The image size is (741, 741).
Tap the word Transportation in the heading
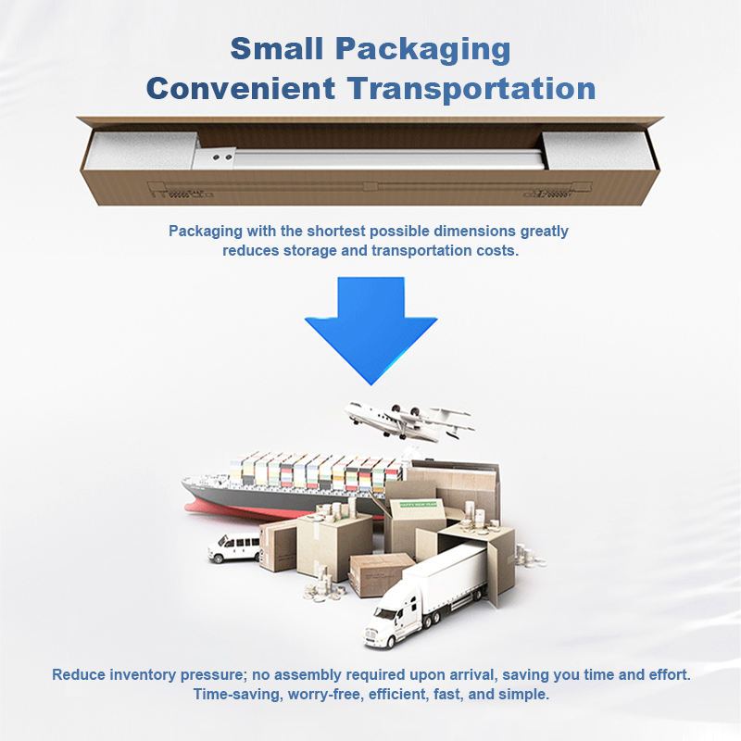pyautogui.click(x=471, y=89)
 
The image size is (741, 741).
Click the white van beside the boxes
pyautogui.click(x=232, y=548)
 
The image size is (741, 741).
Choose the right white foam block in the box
pyautogui.click(x=593, y=149)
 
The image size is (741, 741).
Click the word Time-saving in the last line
pyautogui.click(x=233, y=694)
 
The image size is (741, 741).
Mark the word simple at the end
pyautogui.click(x=525, y=694)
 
